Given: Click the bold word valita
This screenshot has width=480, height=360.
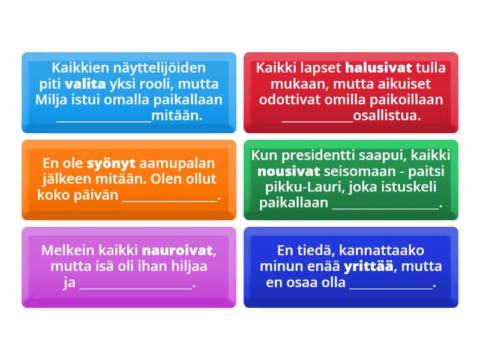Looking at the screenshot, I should pyautogui.click(x=85, y=83).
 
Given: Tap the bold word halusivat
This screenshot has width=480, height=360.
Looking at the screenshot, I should pyautogui.click(x=378, y=68).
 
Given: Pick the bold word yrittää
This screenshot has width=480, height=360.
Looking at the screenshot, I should pyautogui.click(x=368, y=266).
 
